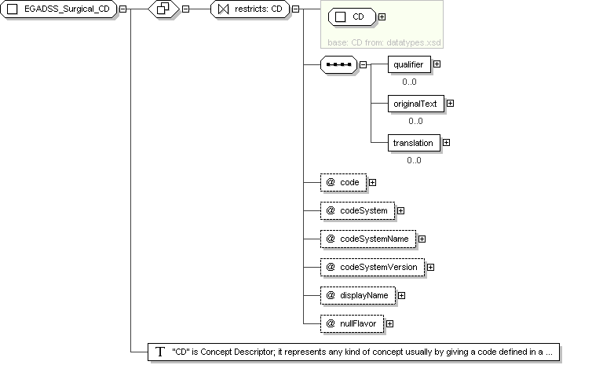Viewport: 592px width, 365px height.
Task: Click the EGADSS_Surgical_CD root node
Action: click(x=59, y=9)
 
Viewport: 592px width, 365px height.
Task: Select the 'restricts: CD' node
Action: click(x=250, y=9)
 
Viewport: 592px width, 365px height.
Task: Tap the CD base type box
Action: click(x=352, y=17)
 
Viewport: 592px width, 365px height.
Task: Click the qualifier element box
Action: click(x=409, y=64)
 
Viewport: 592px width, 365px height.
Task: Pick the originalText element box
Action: click(x=415, y=104)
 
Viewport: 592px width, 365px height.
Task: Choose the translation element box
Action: click(x=414, y=143)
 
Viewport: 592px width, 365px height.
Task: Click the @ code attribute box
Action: click(x=343, y=182)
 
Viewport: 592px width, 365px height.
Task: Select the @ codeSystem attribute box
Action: click(x=357, y=210)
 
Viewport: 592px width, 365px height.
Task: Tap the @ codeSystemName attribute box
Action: click(x=368, y=239)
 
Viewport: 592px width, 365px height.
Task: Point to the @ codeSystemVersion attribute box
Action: click(x=373, y=267)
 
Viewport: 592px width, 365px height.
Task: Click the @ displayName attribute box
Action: click(x=358, y=296)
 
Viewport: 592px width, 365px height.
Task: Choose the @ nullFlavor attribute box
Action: click(x=352, y=324)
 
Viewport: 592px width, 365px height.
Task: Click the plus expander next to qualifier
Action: click(x=437, y=64)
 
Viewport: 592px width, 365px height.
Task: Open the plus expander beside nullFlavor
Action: click(x=389, y=324)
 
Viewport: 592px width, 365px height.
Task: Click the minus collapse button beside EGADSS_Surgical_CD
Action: click(x=123, y=9)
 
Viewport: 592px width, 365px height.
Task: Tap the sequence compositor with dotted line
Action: click(x=338, y=64)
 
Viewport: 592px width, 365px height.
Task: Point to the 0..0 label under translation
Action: click(x=414, y=160)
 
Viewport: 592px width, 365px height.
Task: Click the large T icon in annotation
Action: click(x=160, y=352)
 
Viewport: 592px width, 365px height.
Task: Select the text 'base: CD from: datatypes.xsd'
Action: click(x=384, y=42)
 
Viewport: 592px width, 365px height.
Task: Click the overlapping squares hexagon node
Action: click(x=163, y=9)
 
